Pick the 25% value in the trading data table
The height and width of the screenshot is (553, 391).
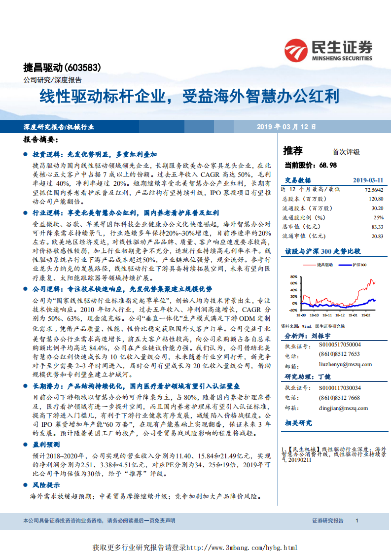378,217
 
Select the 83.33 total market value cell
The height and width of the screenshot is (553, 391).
377,227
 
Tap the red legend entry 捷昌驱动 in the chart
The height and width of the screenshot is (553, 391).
324,265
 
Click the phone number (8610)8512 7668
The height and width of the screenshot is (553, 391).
340,397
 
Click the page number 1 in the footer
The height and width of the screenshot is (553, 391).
356,520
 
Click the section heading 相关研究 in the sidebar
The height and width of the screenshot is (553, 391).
298,422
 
